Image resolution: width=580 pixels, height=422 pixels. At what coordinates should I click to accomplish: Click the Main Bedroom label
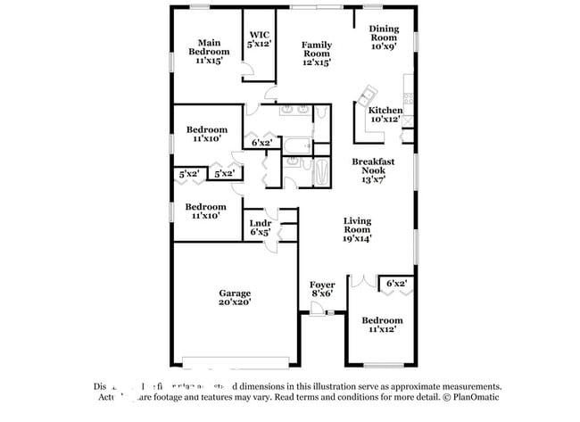tap(209, 51)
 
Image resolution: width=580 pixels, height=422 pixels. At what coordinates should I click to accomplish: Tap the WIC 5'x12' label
tap(259, 38)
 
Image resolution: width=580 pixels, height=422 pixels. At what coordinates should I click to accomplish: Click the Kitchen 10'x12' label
tap(385, 114)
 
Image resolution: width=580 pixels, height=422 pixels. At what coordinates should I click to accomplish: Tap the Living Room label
tap(358, 229)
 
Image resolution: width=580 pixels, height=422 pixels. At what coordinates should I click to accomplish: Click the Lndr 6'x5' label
tap(260, 227)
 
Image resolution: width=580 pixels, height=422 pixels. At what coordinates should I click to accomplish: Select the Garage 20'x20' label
tap(235, 297)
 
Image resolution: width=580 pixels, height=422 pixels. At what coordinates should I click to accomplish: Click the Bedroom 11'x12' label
tap(382, 324)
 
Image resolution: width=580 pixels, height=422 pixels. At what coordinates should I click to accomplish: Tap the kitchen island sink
tap(367, 93)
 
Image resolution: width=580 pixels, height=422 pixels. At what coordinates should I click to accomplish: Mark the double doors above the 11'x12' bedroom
tap(362, 279)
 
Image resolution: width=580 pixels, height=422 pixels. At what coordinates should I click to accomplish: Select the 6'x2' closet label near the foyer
tap(397, 283)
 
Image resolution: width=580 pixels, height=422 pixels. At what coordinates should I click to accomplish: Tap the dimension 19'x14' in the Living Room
tap(357, 238)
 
